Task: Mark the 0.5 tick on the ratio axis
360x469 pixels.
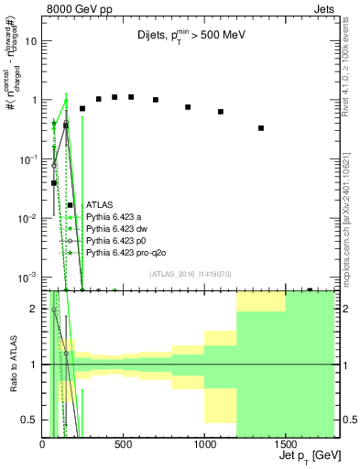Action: click(30, 420)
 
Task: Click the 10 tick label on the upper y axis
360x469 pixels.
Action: click(31, 41)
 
